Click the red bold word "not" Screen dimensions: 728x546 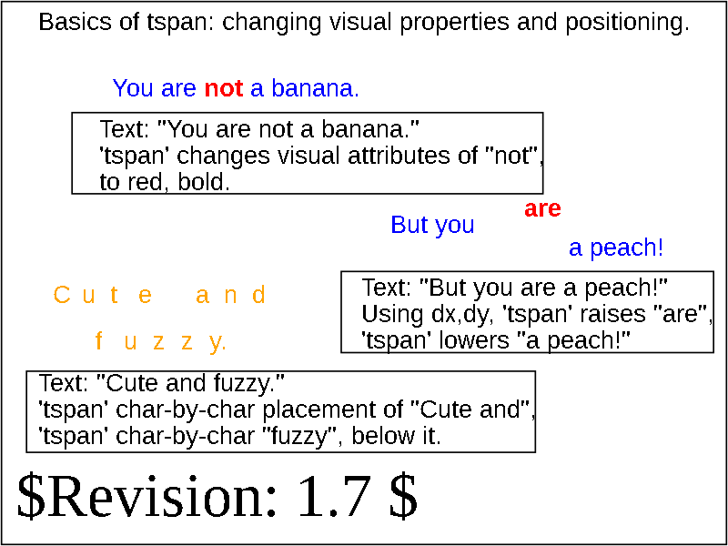(x=223, y=87)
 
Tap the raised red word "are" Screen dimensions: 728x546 (x=542, y=209)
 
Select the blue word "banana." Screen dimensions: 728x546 (x=315, y=87)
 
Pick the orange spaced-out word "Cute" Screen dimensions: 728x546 (x=103, y=295)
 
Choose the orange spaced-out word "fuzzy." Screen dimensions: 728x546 (x=161, y=342)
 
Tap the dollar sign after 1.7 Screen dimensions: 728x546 (x=402, y=498)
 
